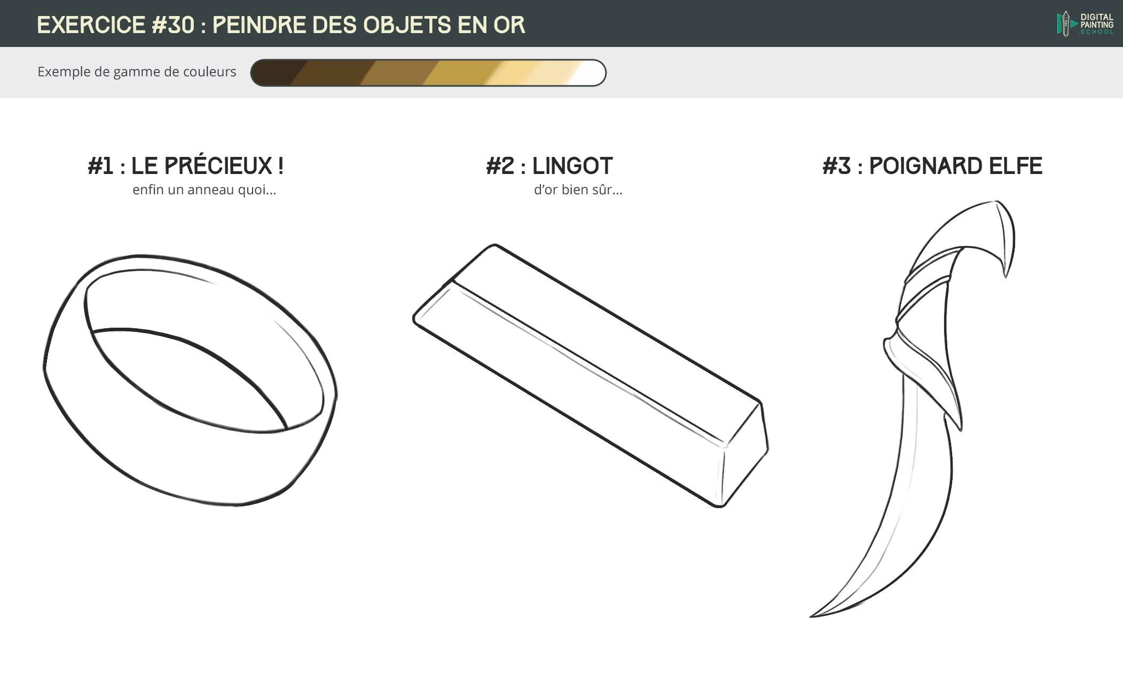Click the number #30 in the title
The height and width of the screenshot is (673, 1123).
[173, 25]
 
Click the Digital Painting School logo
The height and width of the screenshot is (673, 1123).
[1085, 24]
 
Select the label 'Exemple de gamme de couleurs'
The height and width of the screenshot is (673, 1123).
[137, 72]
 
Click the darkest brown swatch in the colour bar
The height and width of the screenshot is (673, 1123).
[272, 73]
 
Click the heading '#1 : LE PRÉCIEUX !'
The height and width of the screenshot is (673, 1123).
[185, 166]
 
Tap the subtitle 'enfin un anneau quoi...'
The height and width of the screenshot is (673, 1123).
[204, 190]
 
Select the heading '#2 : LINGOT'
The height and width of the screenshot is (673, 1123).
[549, 166]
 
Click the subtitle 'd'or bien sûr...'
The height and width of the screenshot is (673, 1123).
[578, 190]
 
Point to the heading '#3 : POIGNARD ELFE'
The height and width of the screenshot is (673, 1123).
[932, 166]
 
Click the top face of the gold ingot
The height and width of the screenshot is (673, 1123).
[603, 342]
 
